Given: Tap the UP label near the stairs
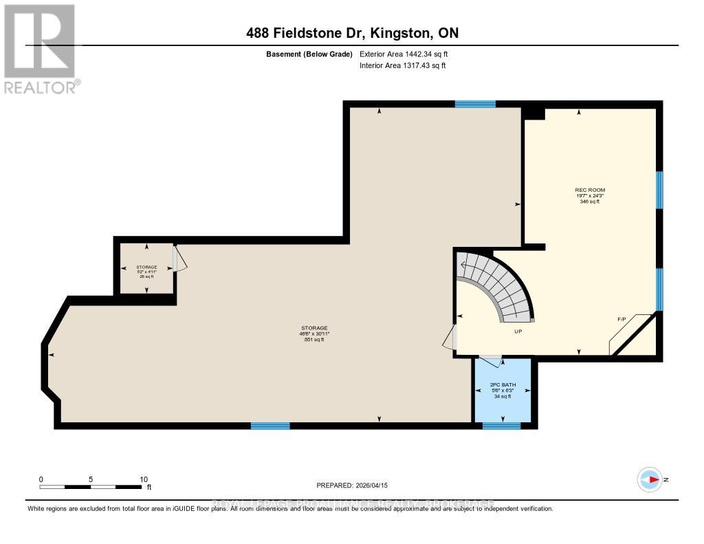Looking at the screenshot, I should [x=519, y=331].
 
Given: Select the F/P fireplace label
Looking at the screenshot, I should [x=621, y=320].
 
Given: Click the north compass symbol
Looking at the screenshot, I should [x=650, y=479].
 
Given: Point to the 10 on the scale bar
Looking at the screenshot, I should [x=144, y=479].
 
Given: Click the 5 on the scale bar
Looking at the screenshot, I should [x=91, y=479].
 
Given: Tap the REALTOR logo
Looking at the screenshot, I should [x=40, y=48].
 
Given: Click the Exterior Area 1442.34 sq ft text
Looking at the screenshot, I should [x=404, y=54].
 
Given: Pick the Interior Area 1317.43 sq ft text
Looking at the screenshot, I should [x=402, y=66].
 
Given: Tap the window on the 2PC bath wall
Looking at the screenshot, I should [x=501, y=426].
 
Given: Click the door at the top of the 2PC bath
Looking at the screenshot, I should [x=491, y=358].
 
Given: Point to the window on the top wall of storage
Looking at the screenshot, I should [x=475, y=104].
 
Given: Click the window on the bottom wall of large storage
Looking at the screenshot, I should [x=270, y=426].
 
